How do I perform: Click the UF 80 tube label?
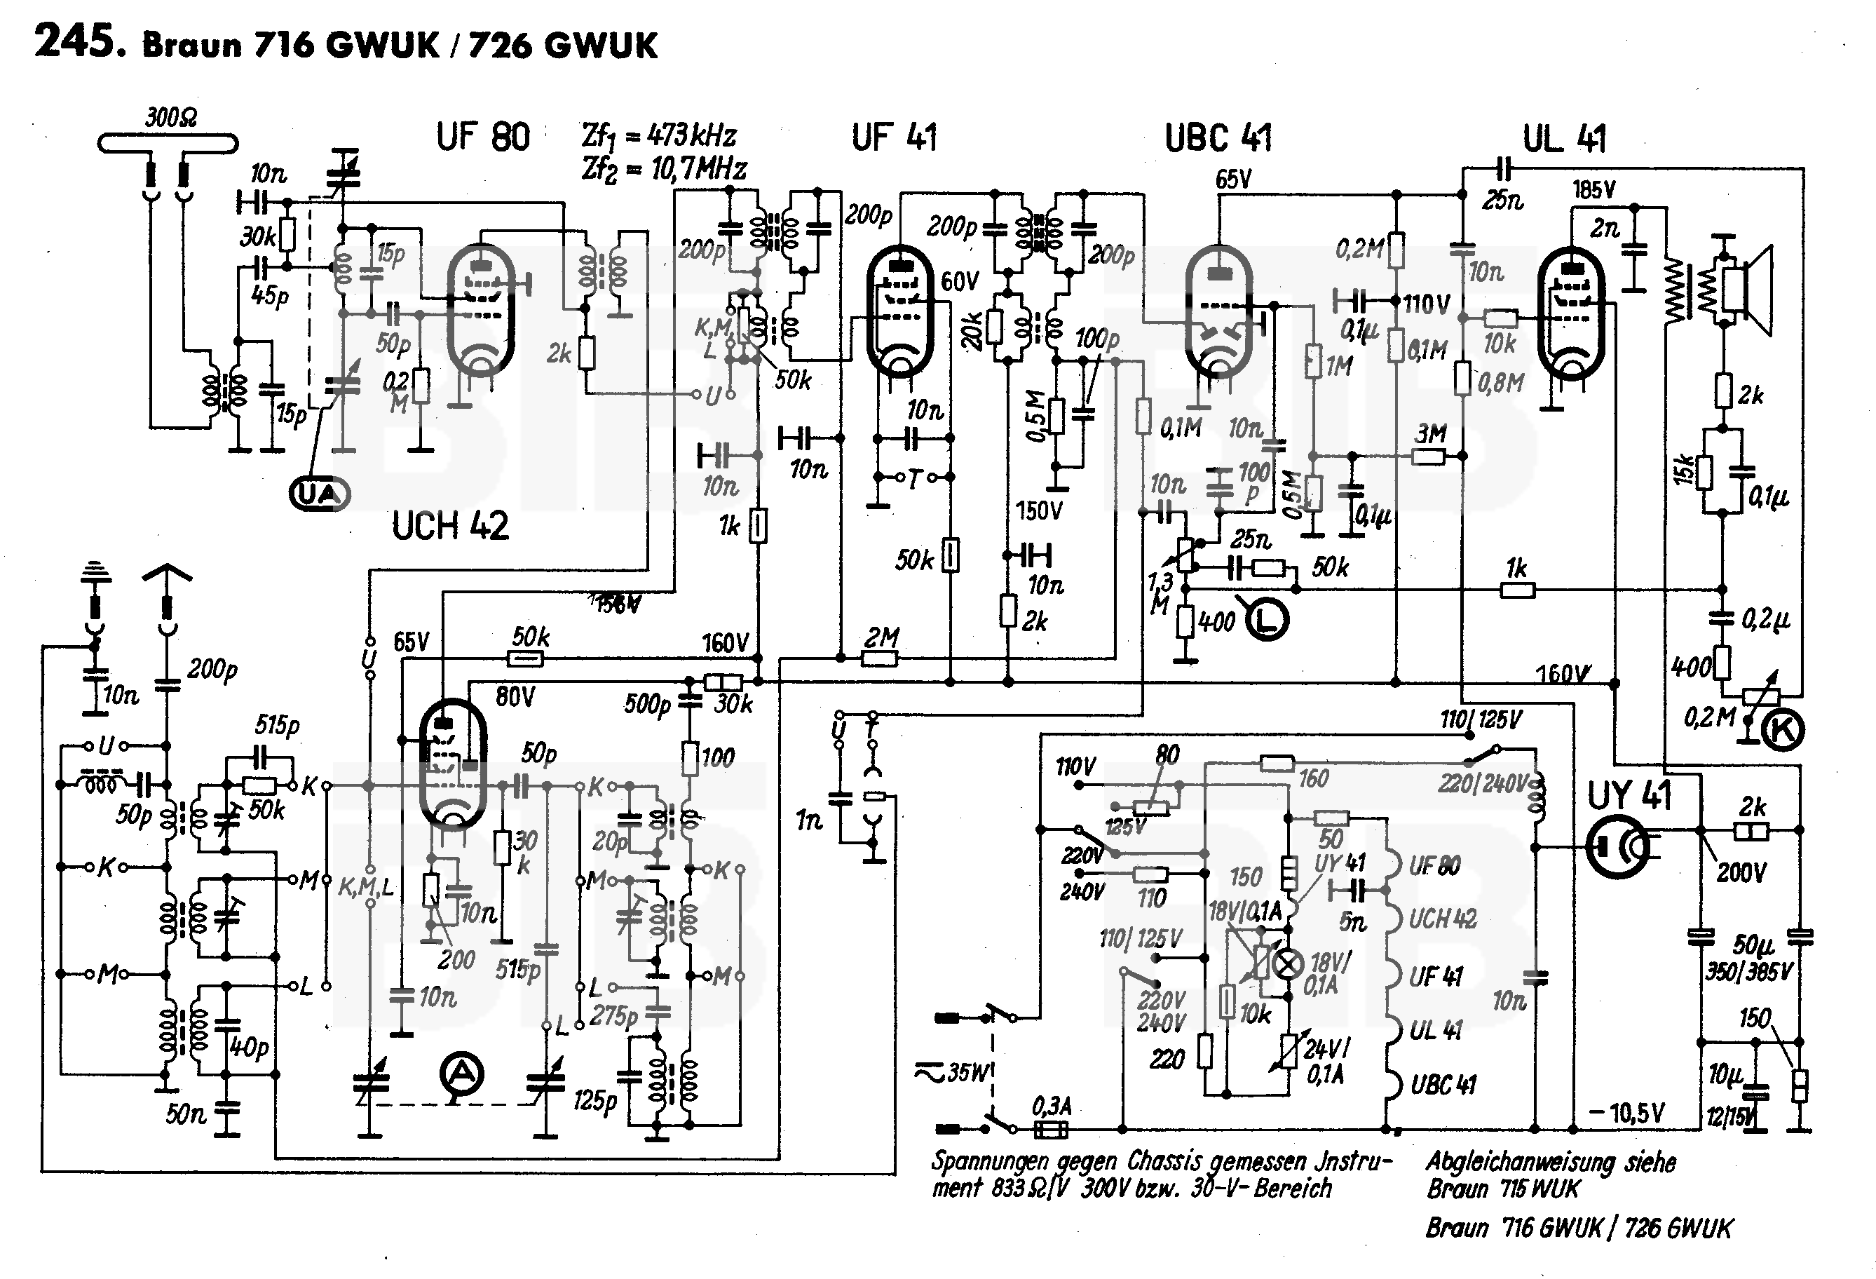483,137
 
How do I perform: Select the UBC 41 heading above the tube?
1218,138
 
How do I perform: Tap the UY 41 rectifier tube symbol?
1618,846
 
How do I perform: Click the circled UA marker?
320,494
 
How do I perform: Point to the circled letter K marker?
1781,730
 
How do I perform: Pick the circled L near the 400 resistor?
1268,619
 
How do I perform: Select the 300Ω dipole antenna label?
170,118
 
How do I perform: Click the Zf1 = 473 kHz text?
658,135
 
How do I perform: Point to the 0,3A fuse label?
1051,1105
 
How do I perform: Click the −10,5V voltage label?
1626,1114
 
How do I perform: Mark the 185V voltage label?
1593,190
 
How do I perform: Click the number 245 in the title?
79,42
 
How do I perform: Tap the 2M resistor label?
881,637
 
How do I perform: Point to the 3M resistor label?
1430,433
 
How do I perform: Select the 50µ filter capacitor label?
1753,944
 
